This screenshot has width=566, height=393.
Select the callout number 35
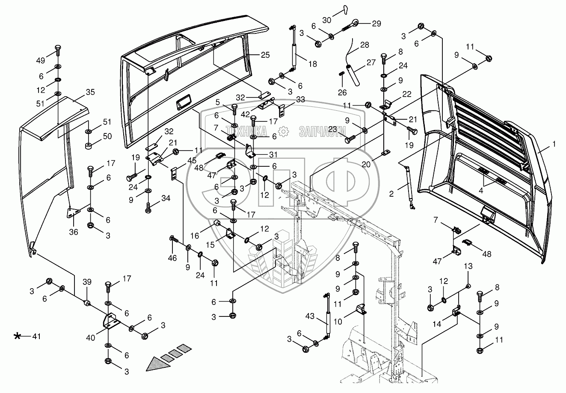(x=90, y=92)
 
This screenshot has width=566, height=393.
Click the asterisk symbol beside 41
(x=18, y=337)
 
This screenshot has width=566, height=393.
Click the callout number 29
(x=376, y=24)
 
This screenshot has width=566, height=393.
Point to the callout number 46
(x=172, y=258)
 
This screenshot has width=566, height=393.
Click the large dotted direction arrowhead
(x=154, y=363)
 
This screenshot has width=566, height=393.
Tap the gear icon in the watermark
(x=283, y=132)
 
